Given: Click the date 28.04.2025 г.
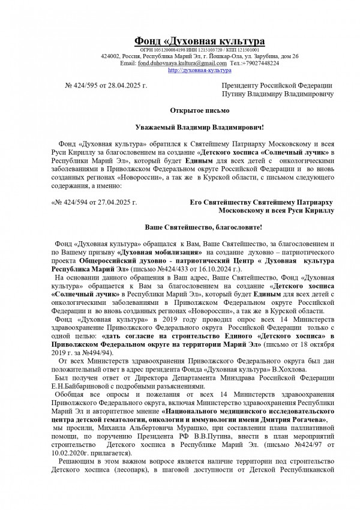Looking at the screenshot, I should pos(130,86).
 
